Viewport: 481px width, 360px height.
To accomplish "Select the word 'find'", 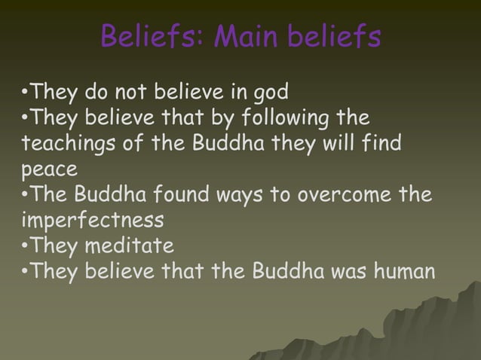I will pyautogui.click(x=384, y=145).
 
